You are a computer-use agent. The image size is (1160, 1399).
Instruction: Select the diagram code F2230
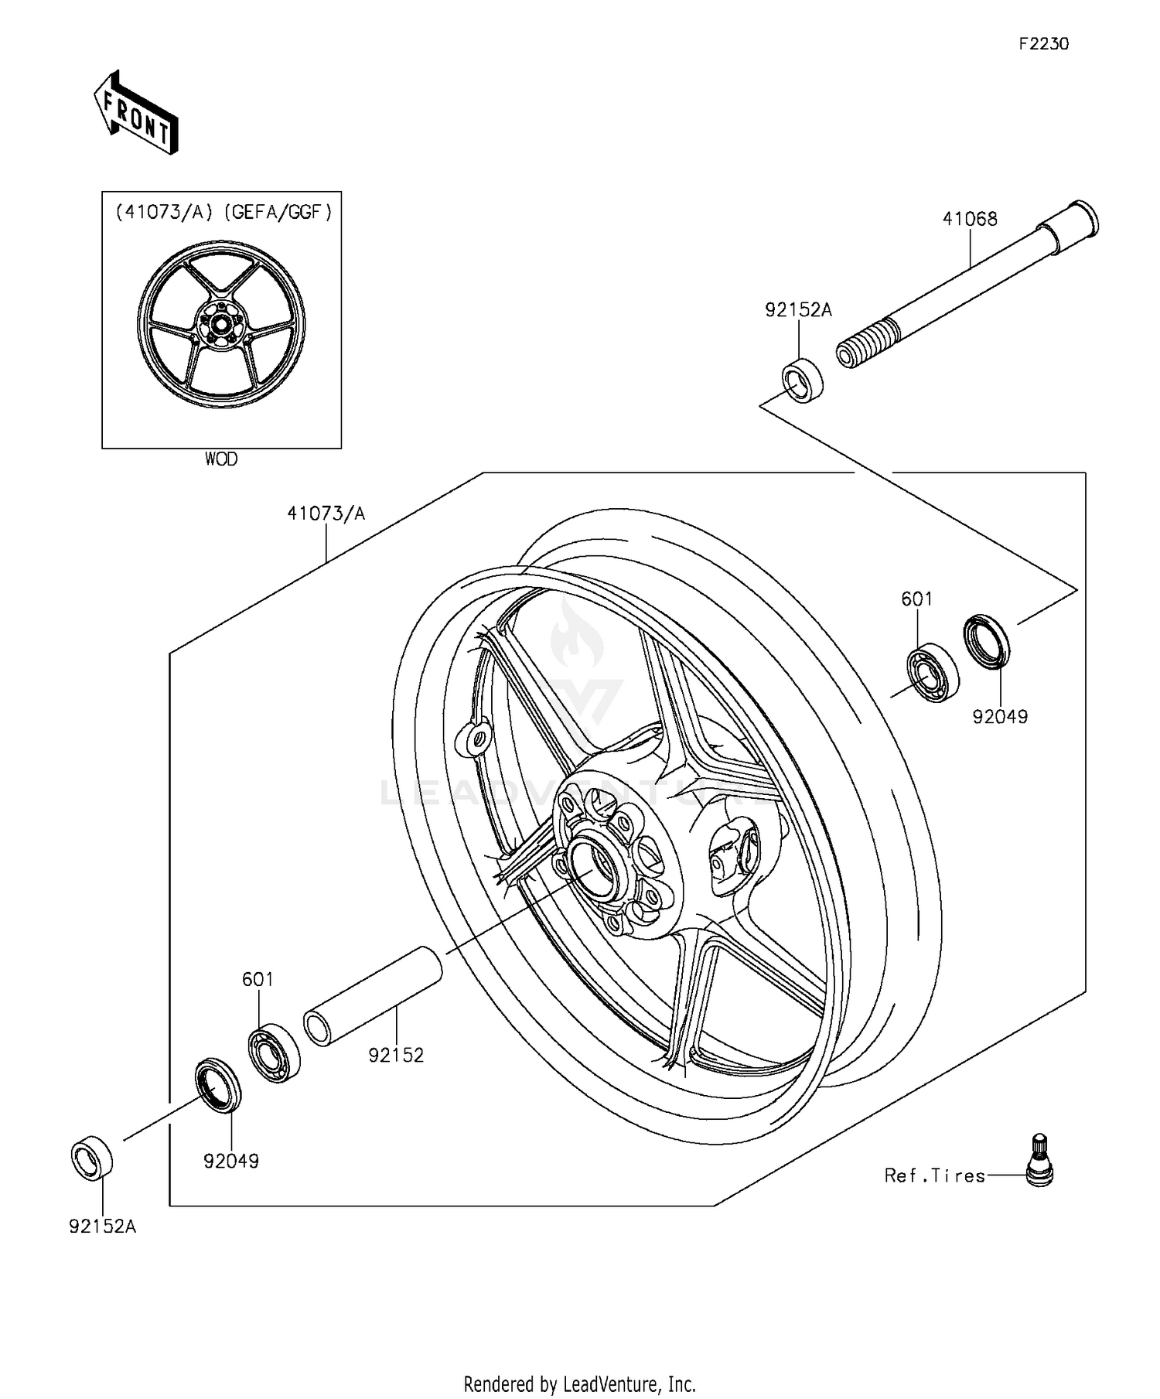(x=1042, y=44)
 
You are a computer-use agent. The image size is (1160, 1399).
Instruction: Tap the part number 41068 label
(x=970, y=219)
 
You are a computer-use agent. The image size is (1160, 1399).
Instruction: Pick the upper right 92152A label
(x=798, y=310)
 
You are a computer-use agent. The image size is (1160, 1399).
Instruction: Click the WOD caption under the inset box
(x=221, y=459)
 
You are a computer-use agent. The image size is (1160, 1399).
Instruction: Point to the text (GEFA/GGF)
(x=278, y=211)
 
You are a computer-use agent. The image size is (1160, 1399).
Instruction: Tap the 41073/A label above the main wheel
(x=326, y=513)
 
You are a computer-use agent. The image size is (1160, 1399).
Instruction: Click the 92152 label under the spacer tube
(x=396, y=1055)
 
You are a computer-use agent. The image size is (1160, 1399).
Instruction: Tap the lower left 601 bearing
(x=275, y=1052)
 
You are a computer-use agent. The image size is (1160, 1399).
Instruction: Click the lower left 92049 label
(x=231, y=1161)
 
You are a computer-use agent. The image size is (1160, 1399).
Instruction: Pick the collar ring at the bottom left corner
(x=92, y=1158)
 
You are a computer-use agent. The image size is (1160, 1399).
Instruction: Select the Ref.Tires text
(x=934, y=1176)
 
